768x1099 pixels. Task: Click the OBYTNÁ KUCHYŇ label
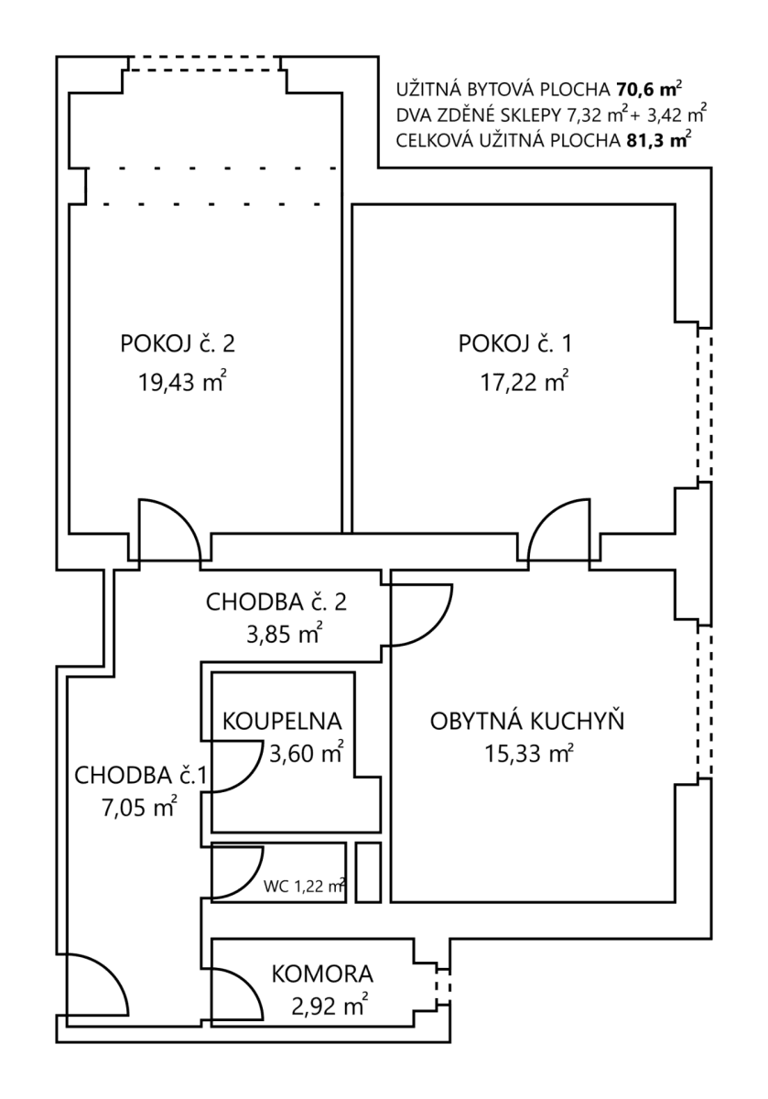[x=527, y=721]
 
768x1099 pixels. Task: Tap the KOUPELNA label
[x=282, y=719]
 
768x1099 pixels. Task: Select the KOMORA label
[x=322, y=974]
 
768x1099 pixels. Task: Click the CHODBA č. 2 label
[x=276, y=602]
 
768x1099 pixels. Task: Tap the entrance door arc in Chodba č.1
[x=95, y=985]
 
